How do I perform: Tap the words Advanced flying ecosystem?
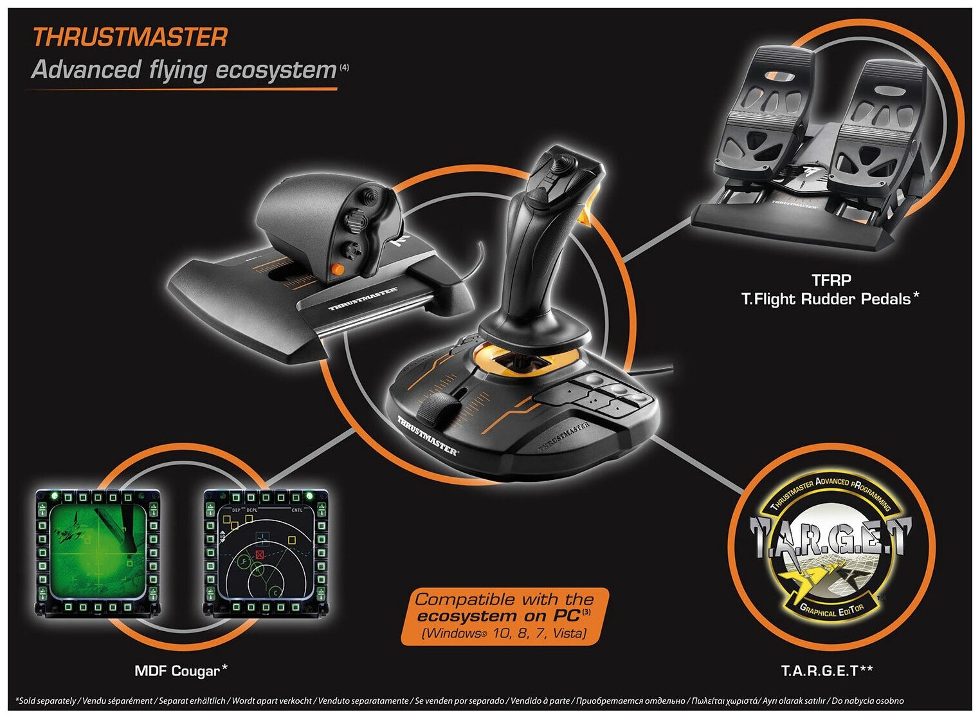184,69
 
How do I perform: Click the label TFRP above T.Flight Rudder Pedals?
831,281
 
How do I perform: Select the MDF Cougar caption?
177,671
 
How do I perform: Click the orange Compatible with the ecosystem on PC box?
504,616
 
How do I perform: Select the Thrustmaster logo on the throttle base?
363,299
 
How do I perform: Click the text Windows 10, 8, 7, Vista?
504,633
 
